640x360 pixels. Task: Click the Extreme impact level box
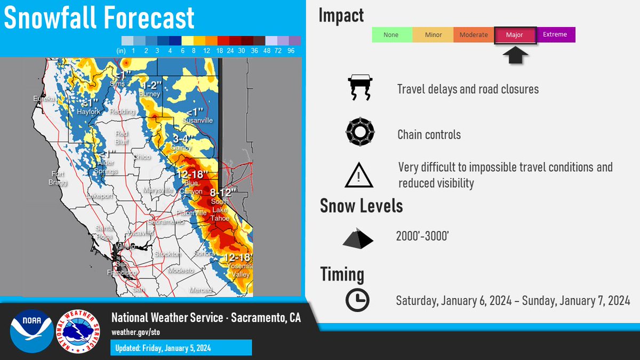pyautogui.click(x=556, y=35)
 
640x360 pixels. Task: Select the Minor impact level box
pyautogui.click(x=433, y=35)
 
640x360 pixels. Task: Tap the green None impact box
pyautogui.click(x=392, y=35)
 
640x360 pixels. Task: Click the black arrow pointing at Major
pyautogui.click(x=515, y=55)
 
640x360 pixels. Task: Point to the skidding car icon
pyautogui.click(x=360, y=87)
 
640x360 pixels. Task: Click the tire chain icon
pyautogui.click(x=360, y=132)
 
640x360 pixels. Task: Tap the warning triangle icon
pyautogui.click(x=359, y=175)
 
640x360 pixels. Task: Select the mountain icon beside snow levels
pyautogui.click(x=358, y=238)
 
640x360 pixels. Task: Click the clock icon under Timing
pyautogui.click(x=357, y=300)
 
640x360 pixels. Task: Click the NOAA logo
pyautogui.click(x=31, y=331)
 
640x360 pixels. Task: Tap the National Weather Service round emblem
pyautogui.click(x=78, y=331)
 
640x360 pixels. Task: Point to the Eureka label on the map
pyautogui.click(x=44, y=99)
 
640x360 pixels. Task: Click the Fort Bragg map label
pyautogui.click(x=58, y=178)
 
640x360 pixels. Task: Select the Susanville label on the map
pyautogui.click(x=197, y=121)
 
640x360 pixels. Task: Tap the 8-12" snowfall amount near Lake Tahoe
pyautogui.click(x=223, y=193)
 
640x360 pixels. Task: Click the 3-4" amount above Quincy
pyautogui.click(x=183, y=139)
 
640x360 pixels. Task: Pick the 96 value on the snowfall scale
pyautogui.click(x=291, y=51)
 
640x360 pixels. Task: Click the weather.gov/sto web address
pyautogui.click(x=135, y=332)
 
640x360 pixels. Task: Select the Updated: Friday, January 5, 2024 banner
pyautogui.click(x=181, y=348)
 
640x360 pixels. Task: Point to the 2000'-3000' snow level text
pyautogui.click(x=422, y=236)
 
